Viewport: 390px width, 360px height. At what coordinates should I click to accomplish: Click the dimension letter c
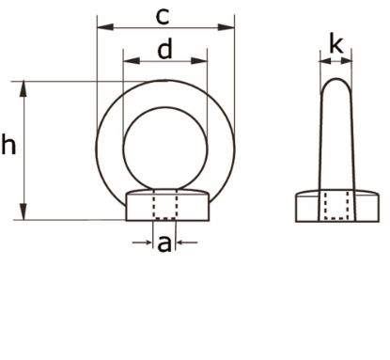[163, 15]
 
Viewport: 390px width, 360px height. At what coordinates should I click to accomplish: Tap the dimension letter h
[9, 147]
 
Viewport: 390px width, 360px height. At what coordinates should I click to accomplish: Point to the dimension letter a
[164, 243]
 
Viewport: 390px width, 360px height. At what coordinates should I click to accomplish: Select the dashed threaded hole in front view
[164, 207]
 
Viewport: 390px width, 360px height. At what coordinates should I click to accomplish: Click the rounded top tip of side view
[335, 80]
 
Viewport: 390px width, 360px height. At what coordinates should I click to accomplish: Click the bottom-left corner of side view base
[296, 221]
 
